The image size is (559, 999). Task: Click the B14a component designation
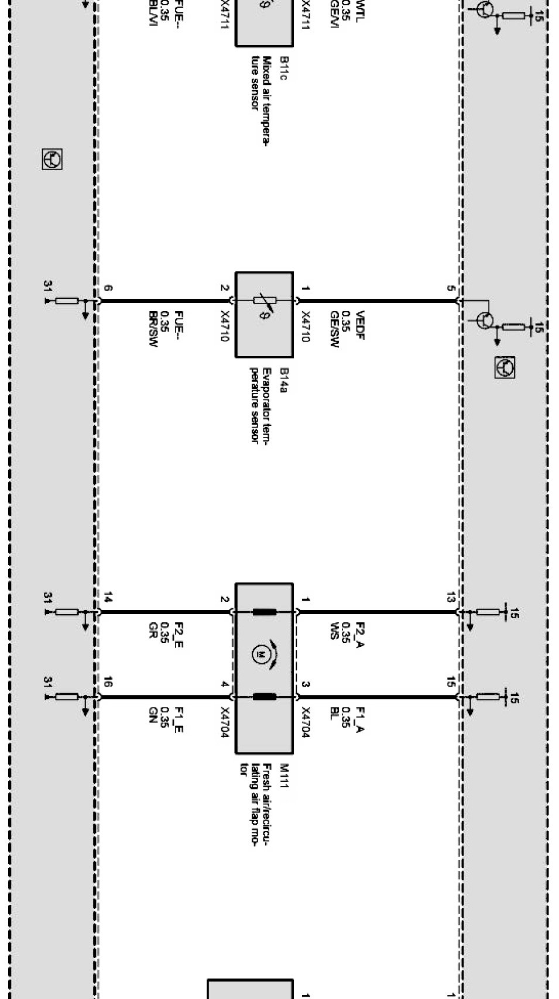point(284,380)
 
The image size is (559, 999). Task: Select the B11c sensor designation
point(284,68)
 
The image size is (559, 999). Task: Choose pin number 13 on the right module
point(450,597)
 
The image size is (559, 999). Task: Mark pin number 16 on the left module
point(108,682)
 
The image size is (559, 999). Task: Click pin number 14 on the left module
point(108,597)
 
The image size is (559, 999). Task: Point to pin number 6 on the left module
point(108,288)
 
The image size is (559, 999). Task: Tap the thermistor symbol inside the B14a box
point(264,301)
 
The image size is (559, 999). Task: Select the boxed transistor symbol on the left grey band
point(52,159)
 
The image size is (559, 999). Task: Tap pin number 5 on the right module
point(450,288)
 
